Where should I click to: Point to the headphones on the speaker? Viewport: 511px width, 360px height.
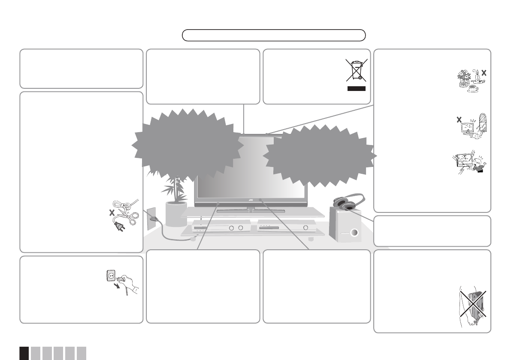point(348,202)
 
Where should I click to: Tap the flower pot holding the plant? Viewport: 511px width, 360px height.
point(176,213)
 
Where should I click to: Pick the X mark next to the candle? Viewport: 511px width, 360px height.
point(484,73)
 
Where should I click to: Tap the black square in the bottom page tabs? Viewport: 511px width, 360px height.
point(24,353)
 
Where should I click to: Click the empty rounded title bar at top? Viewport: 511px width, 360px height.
point(274,35)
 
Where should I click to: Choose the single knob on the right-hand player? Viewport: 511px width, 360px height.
point(305,228)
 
